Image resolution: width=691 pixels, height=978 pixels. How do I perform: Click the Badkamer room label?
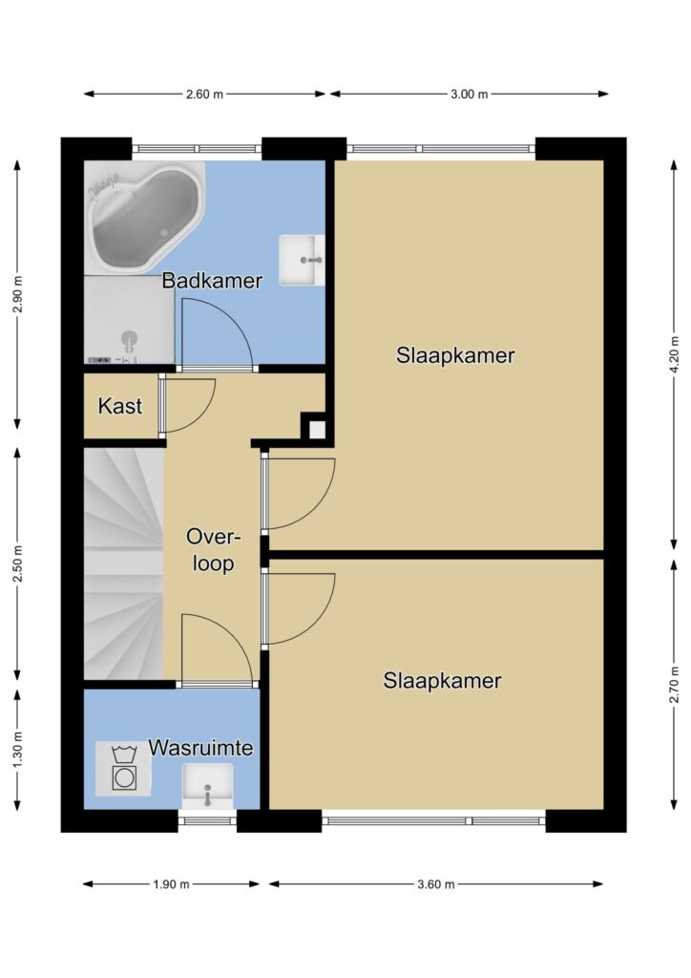pyautogui.click(x=212, y=281)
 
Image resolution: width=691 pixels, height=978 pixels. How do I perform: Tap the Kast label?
pyautogui.click(x=120, y=406)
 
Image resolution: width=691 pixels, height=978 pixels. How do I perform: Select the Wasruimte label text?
pyautogui.click(x=200, y=747)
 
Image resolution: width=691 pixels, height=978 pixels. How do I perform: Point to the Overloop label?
pyautogui.click(x=213, y=549)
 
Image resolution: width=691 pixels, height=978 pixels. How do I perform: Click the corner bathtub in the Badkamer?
pyautogui.click(x=144, y=217)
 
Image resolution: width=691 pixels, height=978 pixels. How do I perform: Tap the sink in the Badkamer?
pyautogui.click(x=302, y=260)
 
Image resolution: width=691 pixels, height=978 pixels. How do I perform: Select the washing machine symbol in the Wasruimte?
pyautogui.click(x=123, y=769)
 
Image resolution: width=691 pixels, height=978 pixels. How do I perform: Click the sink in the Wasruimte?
pyautogui.click(x=207, y=787)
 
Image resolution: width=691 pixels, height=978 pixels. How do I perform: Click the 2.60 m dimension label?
pyautogui.click(x=204, y=95)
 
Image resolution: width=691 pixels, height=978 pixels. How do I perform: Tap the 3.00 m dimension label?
pyautogui.click(x=470, y=95)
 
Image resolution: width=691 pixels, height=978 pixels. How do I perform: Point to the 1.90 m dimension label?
pyautogui.click(x=172, y=883)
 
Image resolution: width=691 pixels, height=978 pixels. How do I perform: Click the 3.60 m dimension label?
pyautogui.click(x=436, y=883)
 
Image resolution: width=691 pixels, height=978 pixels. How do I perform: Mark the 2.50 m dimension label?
pyautogui.click(x=17, y=563)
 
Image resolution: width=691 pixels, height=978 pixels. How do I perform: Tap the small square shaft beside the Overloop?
pyautogui.click(x=317, y=429)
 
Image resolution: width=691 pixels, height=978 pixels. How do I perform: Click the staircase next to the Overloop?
pyautogui.click(x=123, y=564)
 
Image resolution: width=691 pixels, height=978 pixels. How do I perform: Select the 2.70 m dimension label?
pyautogui.click(x=674, y=684)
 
